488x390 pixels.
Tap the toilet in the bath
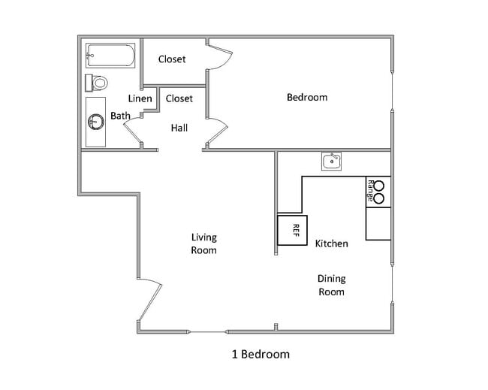[98, 81]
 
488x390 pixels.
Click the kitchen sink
[331, 160]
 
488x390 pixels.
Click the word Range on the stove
[371, 190]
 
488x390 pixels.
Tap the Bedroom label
[307, 97]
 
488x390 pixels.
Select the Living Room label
[203, 243]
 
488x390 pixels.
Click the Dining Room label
[331, 285]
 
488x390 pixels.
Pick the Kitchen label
[331, 243]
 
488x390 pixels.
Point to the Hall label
[179, 128]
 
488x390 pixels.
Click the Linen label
[140, 98]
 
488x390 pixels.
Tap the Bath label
[120, 116]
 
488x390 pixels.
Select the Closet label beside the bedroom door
[172, 59]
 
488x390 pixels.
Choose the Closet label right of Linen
[179, 98]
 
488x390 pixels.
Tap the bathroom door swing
[133, 132]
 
